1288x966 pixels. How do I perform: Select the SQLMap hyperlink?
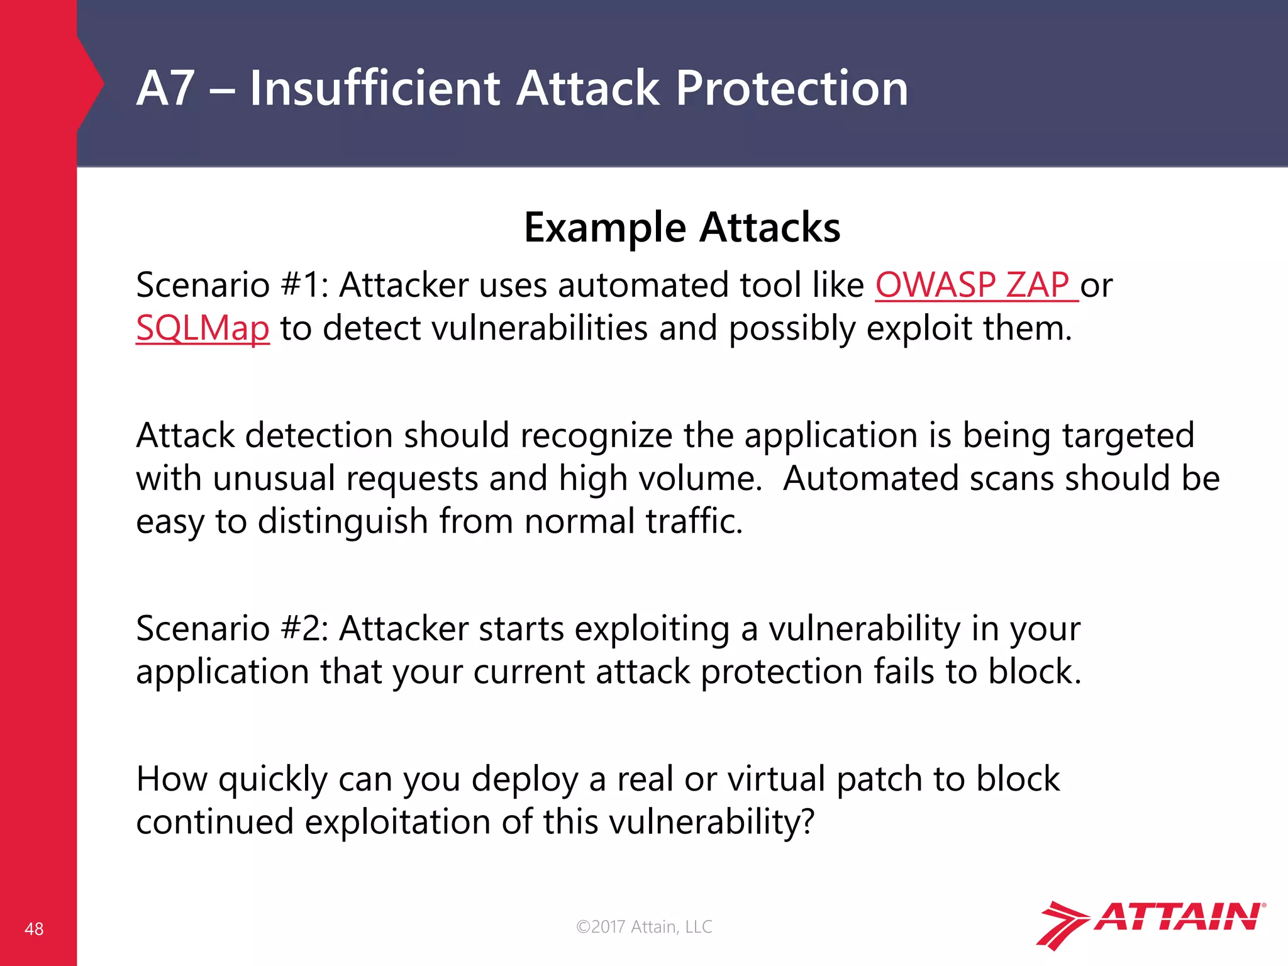(203, 328)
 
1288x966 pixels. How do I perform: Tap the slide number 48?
(34, 929)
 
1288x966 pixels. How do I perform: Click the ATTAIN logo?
(1151, 924)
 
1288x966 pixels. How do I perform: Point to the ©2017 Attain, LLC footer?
(644, 926)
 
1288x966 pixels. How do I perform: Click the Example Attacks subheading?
(682, 227)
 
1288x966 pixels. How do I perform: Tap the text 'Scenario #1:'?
(232, 285)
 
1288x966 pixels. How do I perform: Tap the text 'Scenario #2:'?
(232, 628)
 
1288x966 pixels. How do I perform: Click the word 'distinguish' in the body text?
(343, 521)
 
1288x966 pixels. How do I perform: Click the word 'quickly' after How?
(273, 780)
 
